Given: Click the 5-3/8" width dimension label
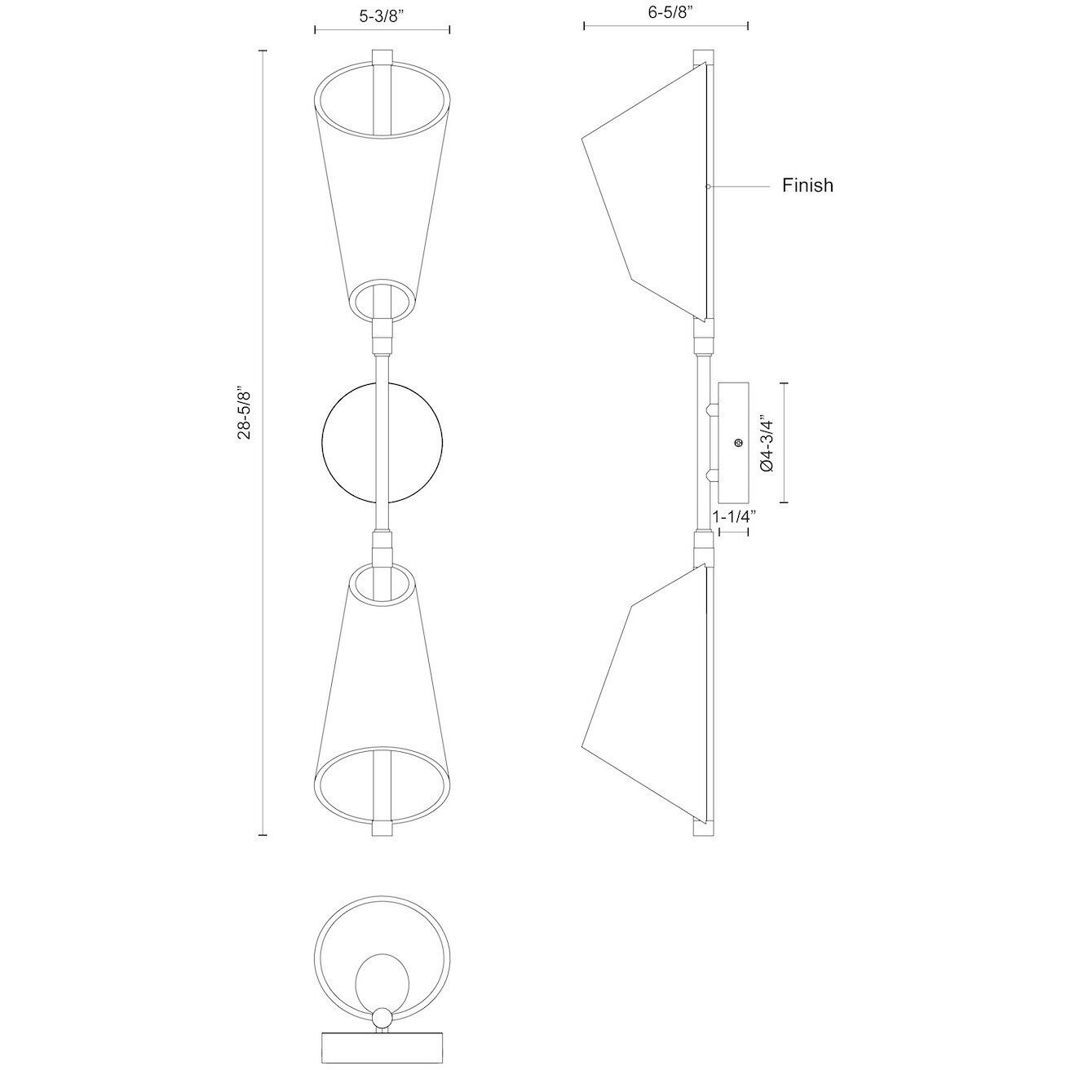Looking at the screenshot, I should (382, 13).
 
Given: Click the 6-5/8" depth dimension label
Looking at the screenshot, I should (666, 13).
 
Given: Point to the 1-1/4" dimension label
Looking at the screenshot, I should (734, 516).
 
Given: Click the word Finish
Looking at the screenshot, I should (807, 185).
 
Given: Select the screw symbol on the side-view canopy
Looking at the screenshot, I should (738, 443).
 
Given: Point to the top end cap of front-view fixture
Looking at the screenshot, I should (382, 58).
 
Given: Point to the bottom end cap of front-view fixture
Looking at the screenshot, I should (382, 829).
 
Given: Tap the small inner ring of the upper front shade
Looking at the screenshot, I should (382, 298).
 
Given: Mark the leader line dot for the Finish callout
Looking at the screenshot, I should (708, 187).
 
